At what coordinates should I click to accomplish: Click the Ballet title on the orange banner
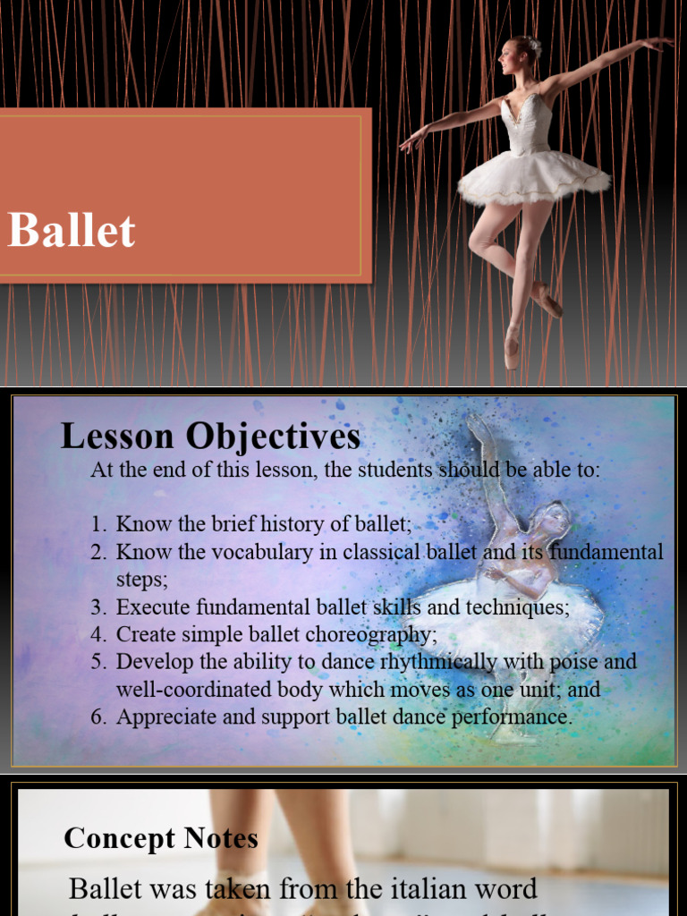72,231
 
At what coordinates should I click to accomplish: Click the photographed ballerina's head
516,56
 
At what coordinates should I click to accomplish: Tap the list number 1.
99,524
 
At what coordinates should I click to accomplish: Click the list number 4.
99,634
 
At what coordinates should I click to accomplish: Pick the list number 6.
99,717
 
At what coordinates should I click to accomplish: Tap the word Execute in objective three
148,606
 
